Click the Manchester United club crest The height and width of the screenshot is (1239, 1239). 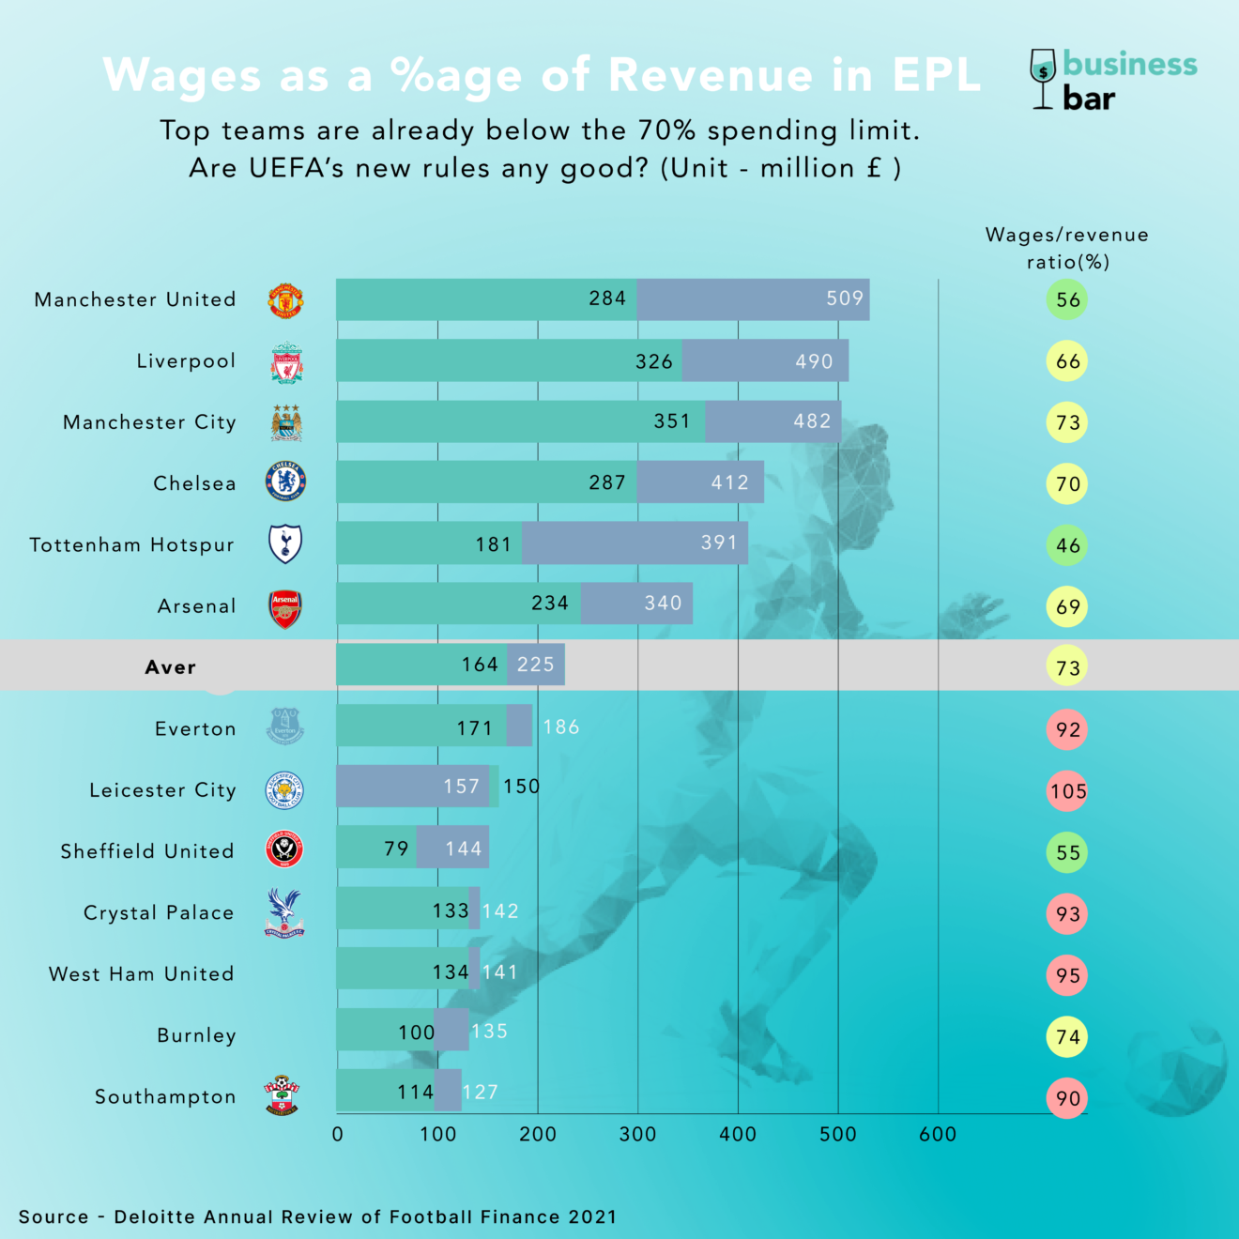coord(285,300)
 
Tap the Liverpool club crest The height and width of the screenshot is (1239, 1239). coord(286,362)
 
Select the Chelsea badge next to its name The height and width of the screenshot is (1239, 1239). coord(285,482)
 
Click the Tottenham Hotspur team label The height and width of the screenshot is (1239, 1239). coord(131,545)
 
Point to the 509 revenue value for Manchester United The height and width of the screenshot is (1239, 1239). coord(844,298)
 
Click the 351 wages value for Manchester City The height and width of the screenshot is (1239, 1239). coord(672,421)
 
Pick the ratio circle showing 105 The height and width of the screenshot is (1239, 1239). coord(1067,791)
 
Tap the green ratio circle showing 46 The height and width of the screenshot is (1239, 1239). coord(1067,545)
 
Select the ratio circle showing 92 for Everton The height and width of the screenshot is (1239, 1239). coord(1067,729)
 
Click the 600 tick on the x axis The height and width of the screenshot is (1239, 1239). coord(937,1134)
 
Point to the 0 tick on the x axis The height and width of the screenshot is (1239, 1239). coord(338,1134)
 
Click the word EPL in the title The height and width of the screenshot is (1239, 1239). coord(936,75)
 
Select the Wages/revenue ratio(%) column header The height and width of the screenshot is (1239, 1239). coord(1067,248)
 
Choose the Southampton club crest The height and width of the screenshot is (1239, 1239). coord(282,1095)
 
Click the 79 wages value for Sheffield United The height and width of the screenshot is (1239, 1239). coord(396,849)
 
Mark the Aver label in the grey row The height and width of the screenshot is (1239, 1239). coord(170,667)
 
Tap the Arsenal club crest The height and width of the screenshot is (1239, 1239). coord(285,608)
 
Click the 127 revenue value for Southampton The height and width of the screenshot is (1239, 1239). coord(480,1093)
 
